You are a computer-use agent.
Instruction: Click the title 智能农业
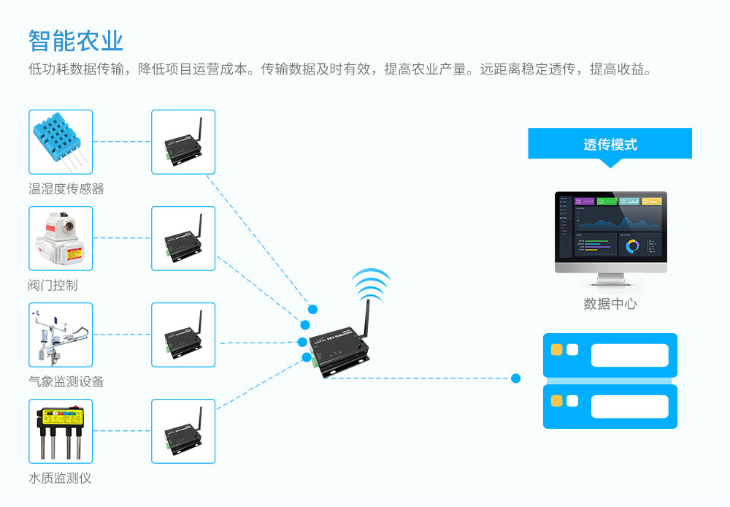pos(76,41)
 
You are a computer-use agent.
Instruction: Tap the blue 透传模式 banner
pos(610,144)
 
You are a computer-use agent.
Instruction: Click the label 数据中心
pos(610,304)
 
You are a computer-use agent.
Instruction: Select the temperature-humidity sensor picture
pos(61,142)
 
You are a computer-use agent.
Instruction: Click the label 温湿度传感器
pos(66,189)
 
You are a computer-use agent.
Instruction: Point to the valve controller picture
pos(61,238)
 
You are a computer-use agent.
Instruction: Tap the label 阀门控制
pos(53,286)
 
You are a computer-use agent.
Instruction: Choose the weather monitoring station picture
pos(61,335)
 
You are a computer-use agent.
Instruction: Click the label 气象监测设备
pos(66,382)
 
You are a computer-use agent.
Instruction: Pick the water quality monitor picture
pos(61,431)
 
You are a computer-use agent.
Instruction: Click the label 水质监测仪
pos(60,479)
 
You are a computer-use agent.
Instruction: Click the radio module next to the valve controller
pos(183,238)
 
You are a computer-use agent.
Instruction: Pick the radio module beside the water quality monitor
pos(183,431)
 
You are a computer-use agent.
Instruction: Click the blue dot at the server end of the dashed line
pos(516,378)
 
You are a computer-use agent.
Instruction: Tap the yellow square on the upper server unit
pos(557,350)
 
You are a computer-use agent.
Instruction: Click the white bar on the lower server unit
pos(629,406)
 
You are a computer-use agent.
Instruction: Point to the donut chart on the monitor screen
pos(632,246)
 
